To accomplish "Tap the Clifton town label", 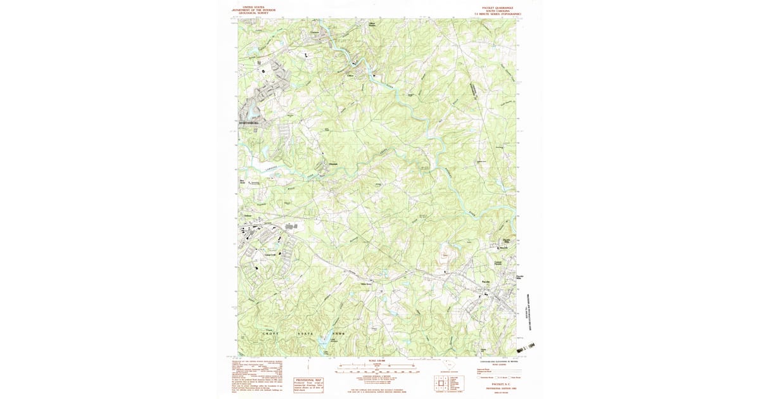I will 348,75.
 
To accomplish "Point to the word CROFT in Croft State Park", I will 270,332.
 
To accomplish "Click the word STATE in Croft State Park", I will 307,332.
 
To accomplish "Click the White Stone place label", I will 365,284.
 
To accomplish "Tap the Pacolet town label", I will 486,281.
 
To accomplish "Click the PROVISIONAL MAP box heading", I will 307,380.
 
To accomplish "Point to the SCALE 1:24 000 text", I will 377,360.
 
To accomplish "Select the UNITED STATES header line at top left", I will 254,8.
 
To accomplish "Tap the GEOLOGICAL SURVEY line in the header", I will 254,13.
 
